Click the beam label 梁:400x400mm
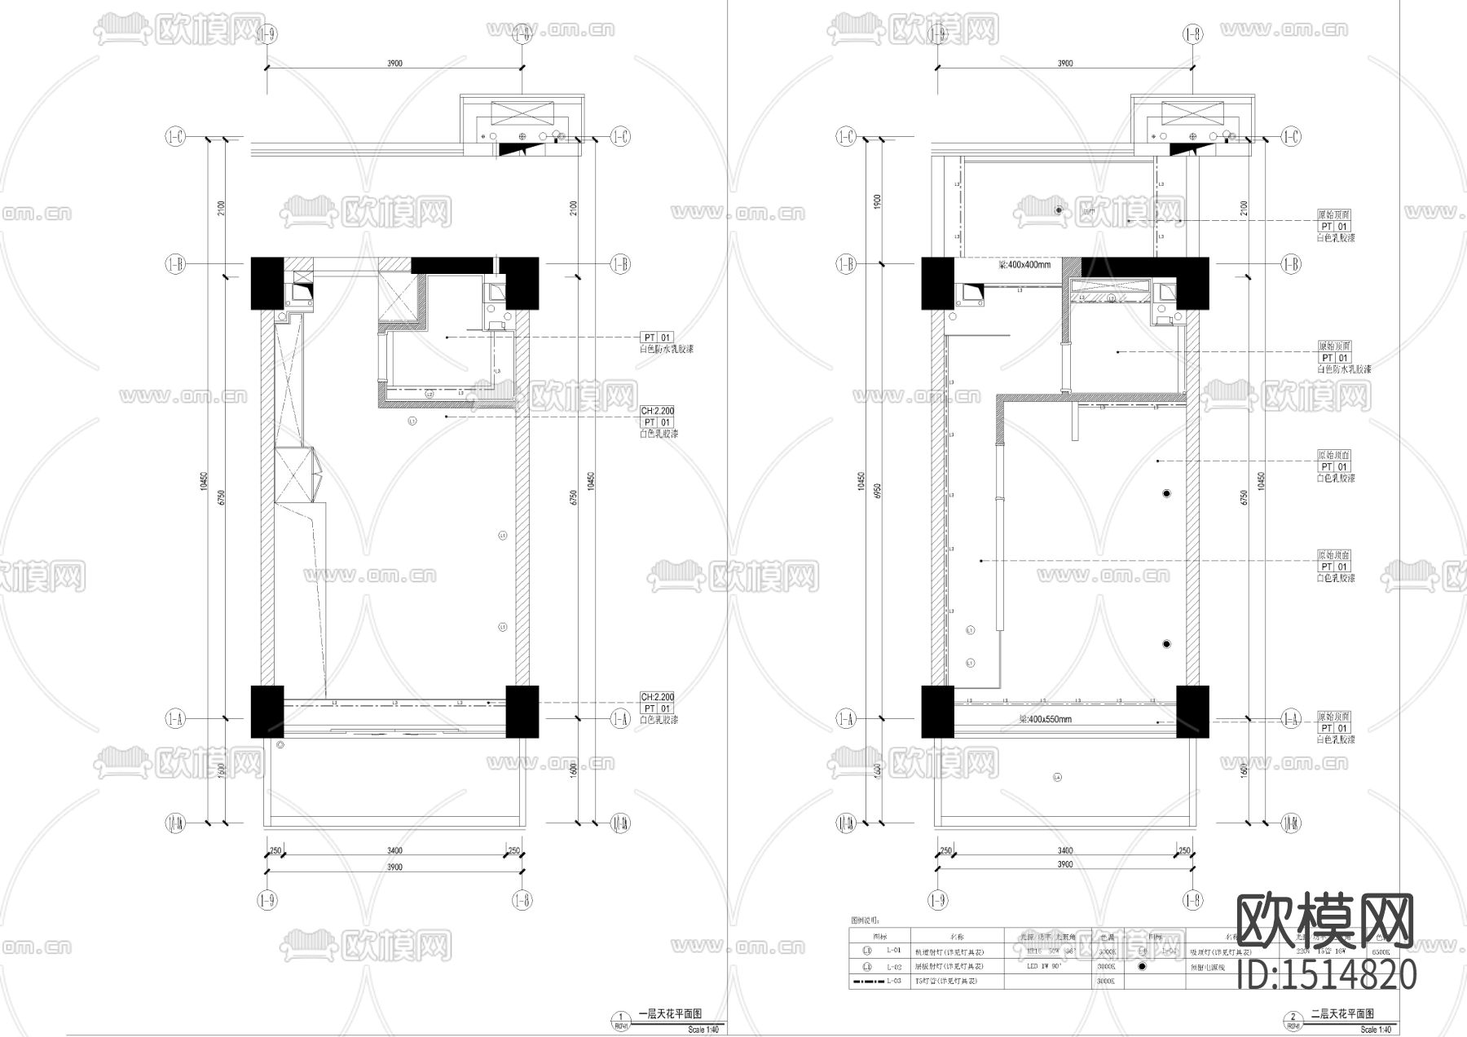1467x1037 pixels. [x=1024, y=265]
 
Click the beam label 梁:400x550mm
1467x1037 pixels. [x=1045, y=720]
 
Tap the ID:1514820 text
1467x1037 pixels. [x=1327, y=975]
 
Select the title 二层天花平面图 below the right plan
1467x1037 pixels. [x=1341, y=1014]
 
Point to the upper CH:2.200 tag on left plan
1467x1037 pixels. [x=657, y=412]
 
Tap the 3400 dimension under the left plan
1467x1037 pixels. [x=394, y=851]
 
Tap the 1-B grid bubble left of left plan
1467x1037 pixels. [x=176, y=264]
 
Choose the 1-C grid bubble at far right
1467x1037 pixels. [x=1291, y=137]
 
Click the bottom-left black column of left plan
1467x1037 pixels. [x=267, y=712]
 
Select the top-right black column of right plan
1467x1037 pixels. [x=1192, y=283]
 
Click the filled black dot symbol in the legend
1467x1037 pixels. [x=1142, y=967]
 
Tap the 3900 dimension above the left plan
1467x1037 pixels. [x=394, y=63]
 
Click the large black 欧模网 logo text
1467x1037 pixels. [x=1325, y=922]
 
